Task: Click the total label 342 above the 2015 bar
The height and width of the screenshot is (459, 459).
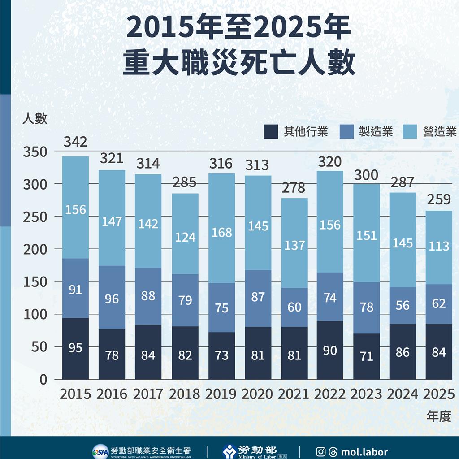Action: tap(75, 143)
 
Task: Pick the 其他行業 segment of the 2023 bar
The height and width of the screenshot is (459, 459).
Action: tap(366, 356)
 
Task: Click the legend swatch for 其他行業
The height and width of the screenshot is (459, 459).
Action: tap(271, 131)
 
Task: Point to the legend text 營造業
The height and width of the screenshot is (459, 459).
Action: tap(440, 131)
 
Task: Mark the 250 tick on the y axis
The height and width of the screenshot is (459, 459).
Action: tap(35, 217)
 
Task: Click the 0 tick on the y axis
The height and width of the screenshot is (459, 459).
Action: tap(43, 380)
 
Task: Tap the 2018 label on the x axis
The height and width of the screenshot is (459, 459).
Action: tap(184, 394)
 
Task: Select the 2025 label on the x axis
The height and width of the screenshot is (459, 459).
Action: tap(439, 394)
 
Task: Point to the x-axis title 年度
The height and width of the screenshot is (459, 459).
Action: tap(438, 416)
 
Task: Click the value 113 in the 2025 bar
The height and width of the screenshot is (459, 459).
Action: tap(439, 246)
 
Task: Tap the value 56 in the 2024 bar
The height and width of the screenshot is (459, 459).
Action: tap(403, 305)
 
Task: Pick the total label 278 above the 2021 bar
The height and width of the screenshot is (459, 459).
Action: tap(294, 187)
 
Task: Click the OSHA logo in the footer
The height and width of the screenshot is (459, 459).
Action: tap(100, 451)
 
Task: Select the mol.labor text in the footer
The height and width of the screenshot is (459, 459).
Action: tap(364, 452)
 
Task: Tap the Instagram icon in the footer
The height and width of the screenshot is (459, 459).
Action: tap(320, 452)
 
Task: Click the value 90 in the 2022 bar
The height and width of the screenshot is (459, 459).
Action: tap(330, 351)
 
